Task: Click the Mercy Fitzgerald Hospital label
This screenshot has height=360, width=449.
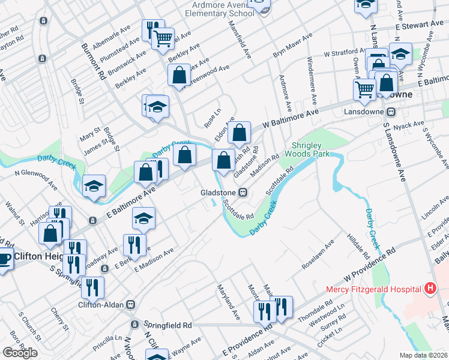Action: [373, 289]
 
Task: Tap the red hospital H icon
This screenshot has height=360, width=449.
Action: [430, 289]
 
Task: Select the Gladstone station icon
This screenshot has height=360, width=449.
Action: [243, 193]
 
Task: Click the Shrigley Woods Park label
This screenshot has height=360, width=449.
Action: [312, 150]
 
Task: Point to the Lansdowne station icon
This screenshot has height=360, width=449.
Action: [390, 112]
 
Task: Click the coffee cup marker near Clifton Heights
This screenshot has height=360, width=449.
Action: [4, 259]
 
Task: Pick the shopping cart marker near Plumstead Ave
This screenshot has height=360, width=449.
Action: [163, 39]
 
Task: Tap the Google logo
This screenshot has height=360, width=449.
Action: [20, 353]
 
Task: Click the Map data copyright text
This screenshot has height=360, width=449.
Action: [423, 355]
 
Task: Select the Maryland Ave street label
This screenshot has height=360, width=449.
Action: [229, 301]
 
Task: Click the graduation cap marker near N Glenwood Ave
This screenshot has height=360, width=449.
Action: [94, 186]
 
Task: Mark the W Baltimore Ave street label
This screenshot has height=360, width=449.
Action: [290, 118]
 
